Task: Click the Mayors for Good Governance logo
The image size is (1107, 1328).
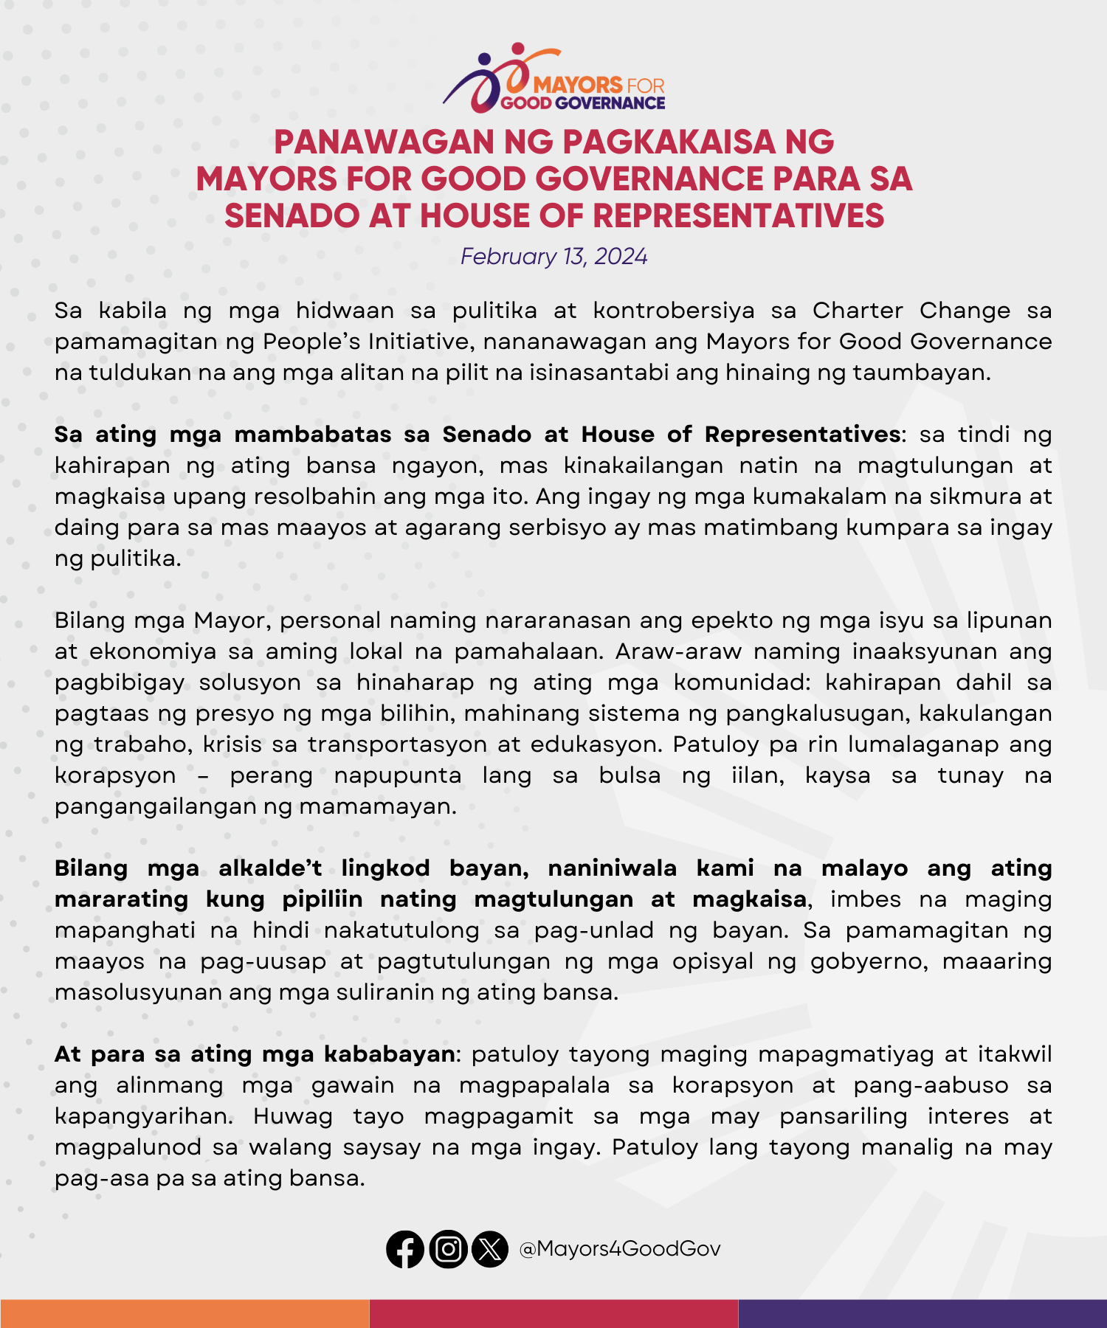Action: tap(553, 80)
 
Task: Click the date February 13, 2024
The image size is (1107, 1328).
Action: tap(553, 257)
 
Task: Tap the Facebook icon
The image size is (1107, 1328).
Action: tap(405, 1249)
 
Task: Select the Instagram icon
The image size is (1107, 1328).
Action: tap(448, 1249)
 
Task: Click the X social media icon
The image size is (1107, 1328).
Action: tap(490, 1249)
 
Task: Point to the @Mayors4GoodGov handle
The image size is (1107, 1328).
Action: tap(620, 1249)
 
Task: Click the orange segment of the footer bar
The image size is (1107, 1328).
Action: tap(184, 1313)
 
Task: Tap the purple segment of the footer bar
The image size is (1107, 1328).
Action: tap(922, 1313)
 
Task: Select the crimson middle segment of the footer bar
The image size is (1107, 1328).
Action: tap(553, 1313)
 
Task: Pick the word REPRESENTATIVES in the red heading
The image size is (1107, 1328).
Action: tap(738, 216)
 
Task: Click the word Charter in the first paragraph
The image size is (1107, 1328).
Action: tap(858, 311)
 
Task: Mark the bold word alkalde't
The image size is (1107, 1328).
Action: tap(270, 868)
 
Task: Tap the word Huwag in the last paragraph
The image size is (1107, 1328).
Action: tap(293, 1116)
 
